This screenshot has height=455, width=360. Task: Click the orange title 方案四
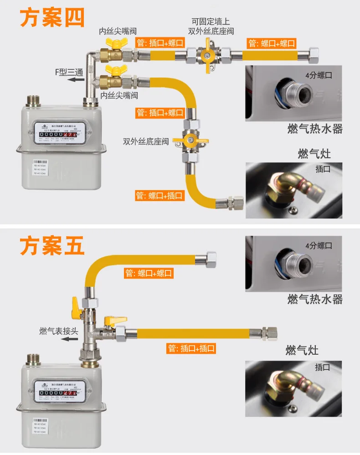[52, 19]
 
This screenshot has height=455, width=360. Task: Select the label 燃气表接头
[59, 331]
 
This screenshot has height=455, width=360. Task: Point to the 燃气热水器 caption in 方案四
[315, 129]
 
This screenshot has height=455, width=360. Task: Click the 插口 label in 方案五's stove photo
[323, 367]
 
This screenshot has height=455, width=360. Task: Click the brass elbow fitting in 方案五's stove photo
[283, 384]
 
